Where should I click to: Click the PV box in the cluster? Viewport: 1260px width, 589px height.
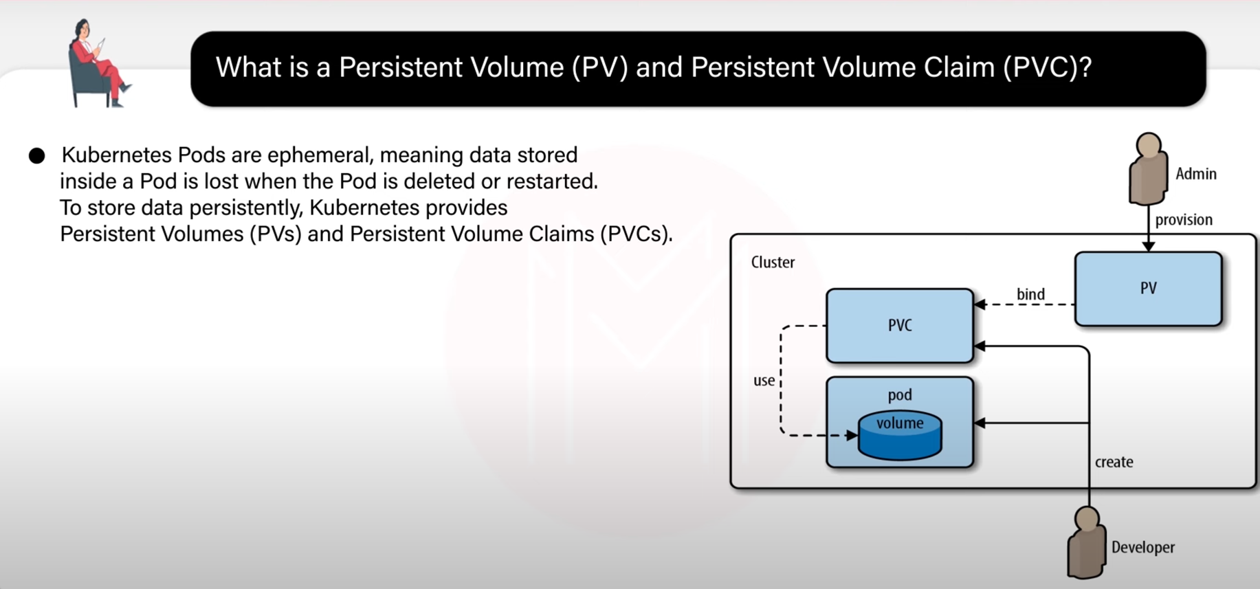pyautogui.click(x=1148, y=289)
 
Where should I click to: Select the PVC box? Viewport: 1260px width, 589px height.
pyautogui.click(x=900, y=326)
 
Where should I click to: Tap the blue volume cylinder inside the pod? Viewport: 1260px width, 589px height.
pyautogui.click(x=900, y=434)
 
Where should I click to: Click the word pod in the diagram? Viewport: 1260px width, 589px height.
pyautogui.click(x=900, y=395)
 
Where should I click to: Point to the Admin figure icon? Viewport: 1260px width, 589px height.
pyautogui.click(x=1148, y=169)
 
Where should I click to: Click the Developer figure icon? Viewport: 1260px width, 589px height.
pyautogui.click(x=1087, y=543)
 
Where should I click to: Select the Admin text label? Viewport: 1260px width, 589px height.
pyautogui.click(x=1196, y=174)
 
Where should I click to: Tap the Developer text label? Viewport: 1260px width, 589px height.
pyautogui.click(x=1143, y=548)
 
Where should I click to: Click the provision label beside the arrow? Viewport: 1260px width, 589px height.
pyautogui.click(x=1184, y=220)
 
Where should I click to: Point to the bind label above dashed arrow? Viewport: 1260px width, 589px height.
pyautogui.click(x=1030, y=294)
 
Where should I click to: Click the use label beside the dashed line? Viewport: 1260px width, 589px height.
pyautogui.click(x=764, y=381)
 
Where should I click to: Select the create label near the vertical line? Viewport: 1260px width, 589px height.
pyautogui.click(x=1114, y=462)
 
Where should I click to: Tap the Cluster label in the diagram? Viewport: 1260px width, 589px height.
pyautogui.click(x=773, y=263)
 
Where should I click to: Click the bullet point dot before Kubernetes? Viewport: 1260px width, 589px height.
pyautogui.click(x=37, y=156)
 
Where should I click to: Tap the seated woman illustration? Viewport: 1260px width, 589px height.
pyautogui.click(x=98, y=63)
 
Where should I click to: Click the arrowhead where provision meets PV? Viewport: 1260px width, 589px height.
pyautogui.click(x=1148, y=246)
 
